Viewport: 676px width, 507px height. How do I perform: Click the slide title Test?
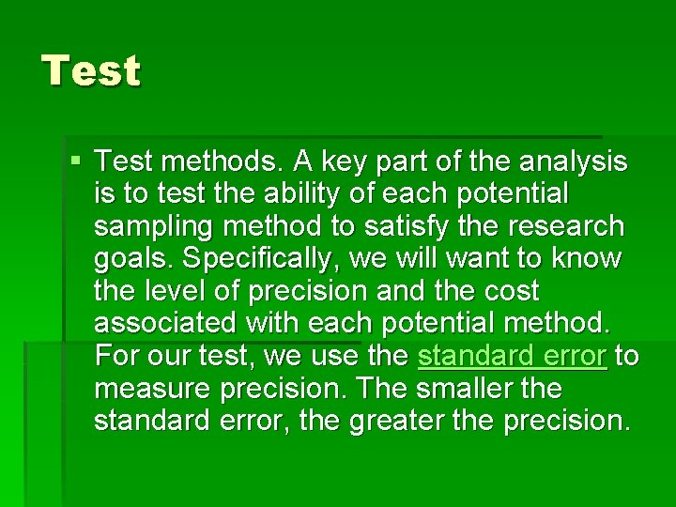pyautogui.click(x=91, y=71)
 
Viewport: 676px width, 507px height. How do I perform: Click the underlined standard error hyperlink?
pyautogui.click(x=512, y=357)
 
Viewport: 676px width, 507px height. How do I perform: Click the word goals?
pyautogui.click(x=128, y=259)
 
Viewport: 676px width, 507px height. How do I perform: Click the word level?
pyautogui.click(x=176, y=292)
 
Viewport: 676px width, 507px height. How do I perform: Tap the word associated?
pyautogui.click(x=167, y=324)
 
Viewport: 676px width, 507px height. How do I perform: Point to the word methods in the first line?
pyautogui.click(x=217, y=162)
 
